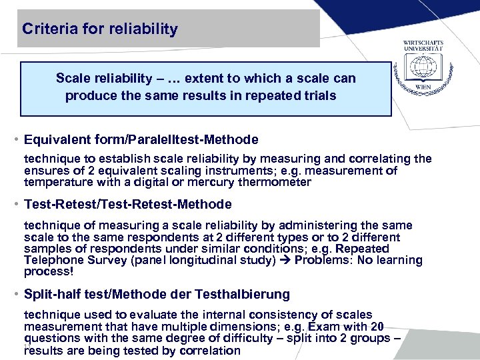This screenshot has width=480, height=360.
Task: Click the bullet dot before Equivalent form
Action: click(15, 140)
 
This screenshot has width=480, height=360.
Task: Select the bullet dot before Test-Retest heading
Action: click(15, 204)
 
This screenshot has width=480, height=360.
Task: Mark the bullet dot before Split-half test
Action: click(15, 293)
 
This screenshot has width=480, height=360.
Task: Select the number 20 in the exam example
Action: click(377, 327)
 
